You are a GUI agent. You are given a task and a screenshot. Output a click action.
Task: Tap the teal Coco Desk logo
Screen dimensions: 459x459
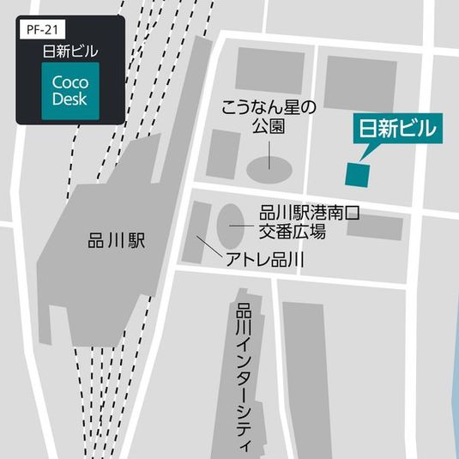tap(70, 90)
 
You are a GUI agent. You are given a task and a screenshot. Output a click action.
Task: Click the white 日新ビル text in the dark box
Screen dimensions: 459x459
tap(70, 51)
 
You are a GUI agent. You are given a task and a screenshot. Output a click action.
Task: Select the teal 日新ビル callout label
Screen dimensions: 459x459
tap(398, 130)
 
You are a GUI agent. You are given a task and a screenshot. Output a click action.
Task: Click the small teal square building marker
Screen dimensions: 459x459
tap(357, 173)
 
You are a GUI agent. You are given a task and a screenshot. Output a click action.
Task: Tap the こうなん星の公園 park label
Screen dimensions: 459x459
tap(269, 118)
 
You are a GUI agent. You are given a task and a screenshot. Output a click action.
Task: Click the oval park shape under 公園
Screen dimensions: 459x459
tap(269, 167)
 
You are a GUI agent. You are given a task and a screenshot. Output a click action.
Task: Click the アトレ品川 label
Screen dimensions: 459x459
tap(266, 259)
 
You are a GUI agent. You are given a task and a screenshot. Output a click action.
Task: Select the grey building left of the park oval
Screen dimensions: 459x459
tap(224, 154)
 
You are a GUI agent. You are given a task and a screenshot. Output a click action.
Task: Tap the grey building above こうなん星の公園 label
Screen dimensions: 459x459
tap(269, 69)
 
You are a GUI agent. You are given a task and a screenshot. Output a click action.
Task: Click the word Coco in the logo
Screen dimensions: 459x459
tap(70, 82)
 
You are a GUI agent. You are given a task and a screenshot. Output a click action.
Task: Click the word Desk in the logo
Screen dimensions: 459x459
tap(70, 99)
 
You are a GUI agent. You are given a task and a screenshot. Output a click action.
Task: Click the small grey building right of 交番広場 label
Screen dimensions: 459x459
tap(374, 227)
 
